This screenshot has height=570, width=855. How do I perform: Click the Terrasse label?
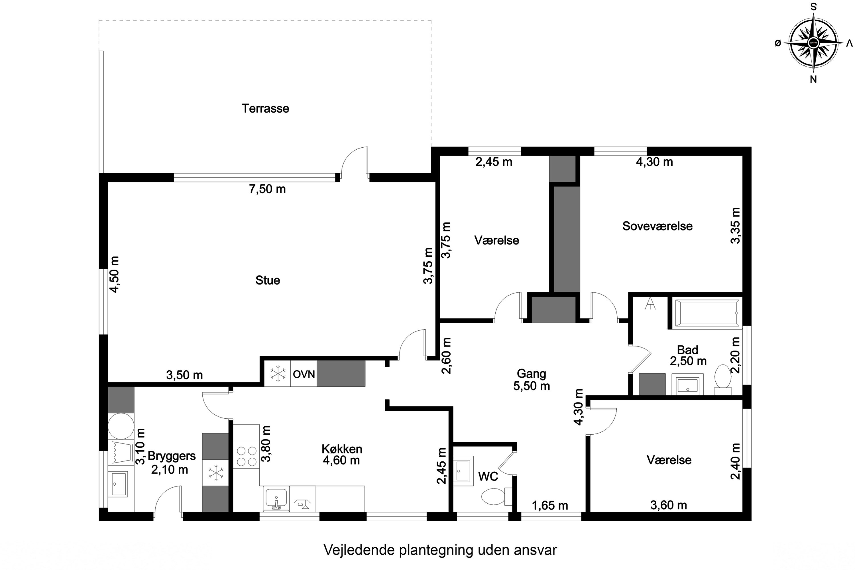pos(265,108)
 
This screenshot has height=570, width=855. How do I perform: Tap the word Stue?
pos(268,280)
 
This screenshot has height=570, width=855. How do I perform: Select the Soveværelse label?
pos(657,226)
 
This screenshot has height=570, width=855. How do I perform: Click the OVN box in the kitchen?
pos(304,374)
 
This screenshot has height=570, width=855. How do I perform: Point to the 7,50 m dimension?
pos(267,189)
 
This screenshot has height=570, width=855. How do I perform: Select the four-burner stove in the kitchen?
pos(247,456)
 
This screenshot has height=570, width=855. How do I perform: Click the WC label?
pos(488,476)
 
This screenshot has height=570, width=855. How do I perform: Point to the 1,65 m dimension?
pos(550,505)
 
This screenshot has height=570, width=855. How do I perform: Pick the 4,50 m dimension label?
pos(115,274)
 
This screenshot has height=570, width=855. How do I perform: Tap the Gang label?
pos(532,373)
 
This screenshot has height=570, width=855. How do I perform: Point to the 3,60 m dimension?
pos(669,505)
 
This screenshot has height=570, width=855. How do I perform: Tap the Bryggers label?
pos(172,456)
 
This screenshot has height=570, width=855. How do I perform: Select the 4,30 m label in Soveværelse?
pos(654,162)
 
